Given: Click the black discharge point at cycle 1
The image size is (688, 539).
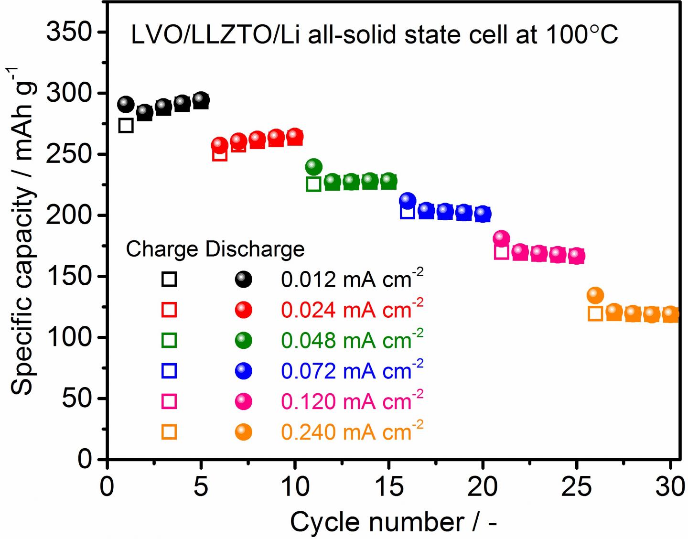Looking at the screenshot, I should click(126, 104).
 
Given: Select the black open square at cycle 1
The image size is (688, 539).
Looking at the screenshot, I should click(126, 126).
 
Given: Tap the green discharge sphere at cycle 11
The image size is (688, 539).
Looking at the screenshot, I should click(313, 167).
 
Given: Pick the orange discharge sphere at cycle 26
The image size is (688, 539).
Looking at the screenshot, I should click(595, 295).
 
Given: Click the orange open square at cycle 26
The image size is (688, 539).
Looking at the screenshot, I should click(595, 313).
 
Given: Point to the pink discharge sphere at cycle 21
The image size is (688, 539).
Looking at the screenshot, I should click(501, 237).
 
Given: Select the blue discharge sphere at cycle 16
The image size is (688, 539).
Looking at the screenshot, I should click(407, 200).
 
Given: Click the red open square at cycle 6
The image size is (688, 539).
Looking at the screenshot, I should click(220, 154).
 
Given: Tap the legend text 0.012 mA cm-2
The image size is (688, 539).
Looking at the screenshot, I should click(352, 279).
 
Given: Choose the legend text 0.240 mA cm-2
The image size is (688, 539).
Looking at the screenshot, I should click(352, 431).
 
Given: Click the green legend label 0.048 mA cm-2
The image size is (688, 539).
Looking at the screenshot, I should click(352, 340).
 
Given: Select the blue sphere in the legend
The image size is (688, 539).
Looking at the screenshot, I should click(244, 371).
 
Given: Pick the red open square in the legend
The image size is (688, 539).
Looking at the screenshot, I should click(170, 310).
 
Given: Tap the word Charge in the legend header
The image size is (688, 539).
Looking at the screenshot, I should click(162, 249).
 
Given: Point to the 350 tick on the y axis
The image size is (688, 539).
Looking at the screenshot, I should click(69, 32).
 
